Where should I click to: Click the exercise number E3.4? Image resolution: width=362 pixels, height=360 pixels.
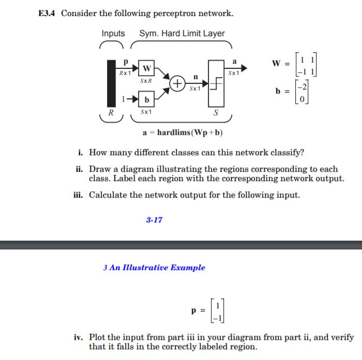[48, 13]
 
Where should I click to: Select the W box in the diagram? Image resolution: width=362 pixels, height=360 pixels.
[147, 68]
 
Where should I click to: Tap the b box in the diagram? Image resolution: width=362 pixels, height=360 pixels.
[147, 99]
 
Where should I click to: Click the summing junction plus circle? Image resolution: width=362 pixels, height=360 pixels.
[177, 83]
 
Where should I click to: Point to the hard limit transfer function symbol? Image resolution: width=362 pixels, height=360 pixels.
[217, 83]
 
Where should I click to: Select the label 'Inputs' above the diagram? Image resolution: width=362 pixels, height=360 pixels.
[113, 34]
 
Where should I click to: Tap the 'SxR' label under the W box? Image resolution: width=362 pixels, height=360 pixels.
[146, 81]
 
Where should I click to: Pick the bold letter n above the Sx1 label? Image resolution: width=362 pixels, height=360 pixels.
[195, 77]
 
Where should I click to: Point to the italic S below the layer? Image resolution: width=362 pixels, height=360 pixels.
[216, 112]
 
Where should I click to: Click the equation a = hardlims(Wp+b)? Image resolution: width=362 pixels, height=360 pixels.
[183, 132]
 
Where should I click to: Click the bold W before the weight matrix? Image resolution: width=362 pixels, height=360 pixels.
[276, 64]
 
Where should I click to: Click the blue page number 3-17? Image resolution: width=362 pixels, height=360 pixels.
[154, 220]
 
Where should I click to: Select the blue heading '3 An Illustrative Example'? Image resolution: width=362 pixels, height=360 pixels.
[154, 267]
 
